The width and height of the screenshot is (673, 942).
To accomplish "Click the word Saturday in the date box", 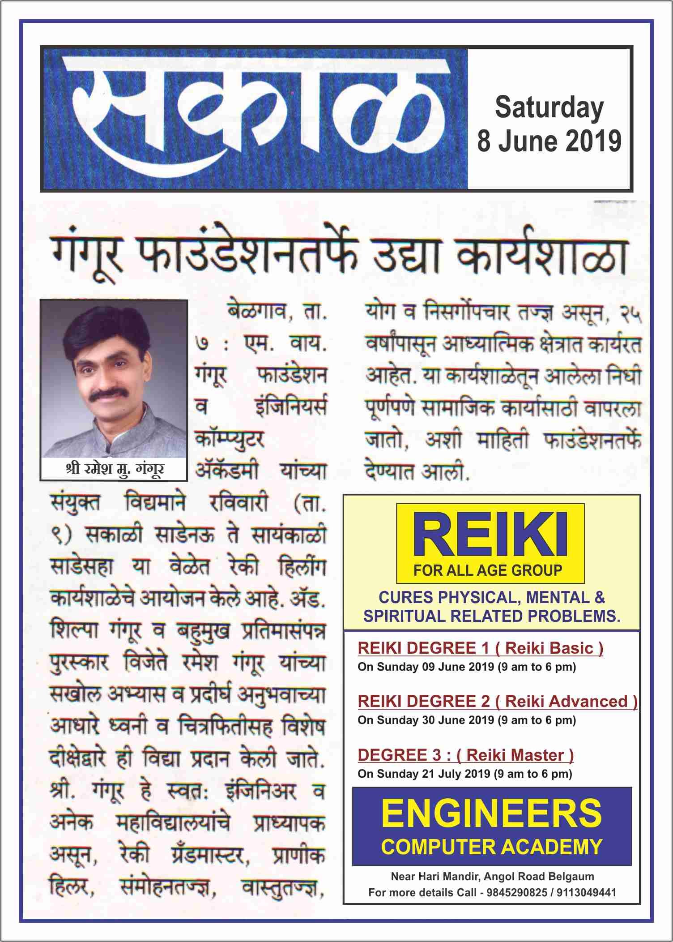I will (549, 108).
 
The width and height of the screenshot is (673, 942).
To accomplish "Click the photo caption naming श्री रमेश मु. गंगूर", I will (114, 469).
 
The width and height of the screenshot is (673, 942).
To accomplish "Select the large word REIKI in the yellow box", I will (490, 536).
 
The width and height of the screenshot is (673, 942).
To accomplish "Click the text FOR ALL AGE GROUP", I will (488, 570).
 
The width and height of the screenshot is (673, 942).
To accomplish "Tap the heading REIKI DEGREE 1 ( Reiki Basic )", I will (480, 648).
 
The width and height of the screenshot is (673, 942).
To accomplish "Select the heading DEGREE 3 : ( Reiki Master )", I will (465, 755).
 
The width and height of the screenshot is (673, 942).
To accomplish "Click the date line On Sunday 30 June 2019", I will (466, 720).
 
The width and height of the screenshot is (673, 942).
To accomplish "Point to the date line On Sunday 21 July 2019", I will (464, 774).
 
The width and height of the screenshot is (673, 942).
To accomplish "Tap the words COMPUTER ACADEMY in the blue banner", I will (492, 846).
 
